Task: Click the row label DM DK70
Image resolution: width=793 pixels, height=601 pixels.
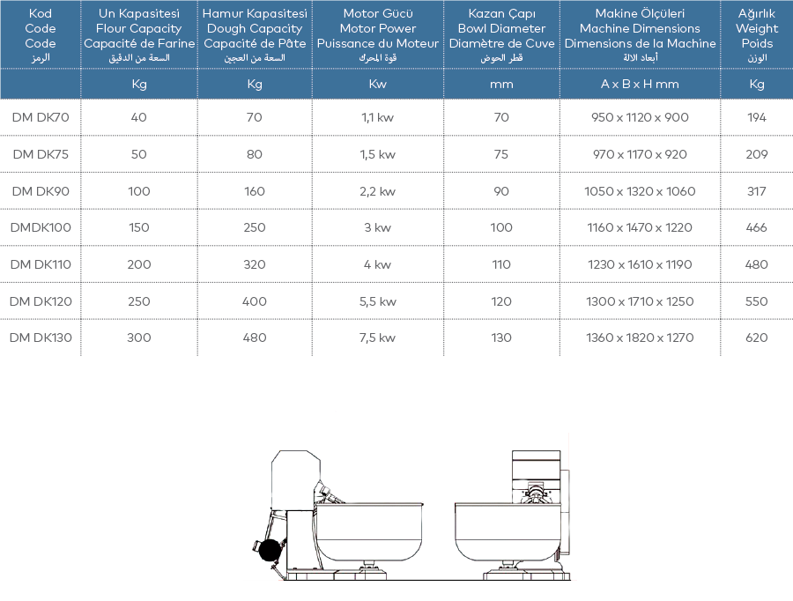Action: [41, 117]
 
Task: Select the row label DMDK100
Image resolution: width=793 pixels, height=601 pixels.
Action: [41, 227]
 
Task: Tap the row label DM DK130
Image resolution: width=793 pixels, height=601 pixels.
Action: [41, 338]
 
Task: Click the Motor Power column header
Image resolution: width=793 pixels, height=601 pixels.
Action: [378, 29]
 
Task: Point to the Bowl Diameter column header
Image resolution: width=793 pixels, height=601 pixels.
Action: [501, 29]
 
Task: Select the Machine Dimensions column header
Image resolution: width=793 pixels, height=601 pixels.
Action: [640, 29]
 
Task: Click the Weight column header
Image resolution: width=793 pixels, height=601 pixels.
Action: [757, 29]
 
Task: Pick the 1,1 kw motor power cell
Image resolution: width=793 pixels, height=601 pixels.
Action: [378, 117]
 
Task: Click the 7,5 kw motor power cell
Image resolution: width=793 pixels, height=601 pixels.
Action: [378, 338]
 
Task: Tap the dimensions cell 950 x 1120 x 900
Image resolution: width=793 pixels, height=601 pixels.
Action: [640, 117]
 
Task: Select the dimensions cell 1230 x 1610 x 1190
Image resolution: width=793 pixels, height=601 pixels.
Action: [640, 264]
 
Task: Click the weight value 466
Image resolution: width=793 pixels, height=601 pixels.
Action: [757, 227]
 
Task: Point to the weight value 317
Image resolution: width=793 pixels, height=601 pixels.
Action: [757, 191]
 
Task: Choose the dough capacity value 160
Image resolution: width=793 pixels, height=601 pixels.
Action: [255, 191]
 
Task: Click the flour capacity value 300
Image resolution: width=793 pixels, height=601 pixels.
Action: [139, 338]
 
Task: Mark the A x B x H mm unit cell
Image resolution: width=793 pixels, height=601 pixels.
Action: [640, 85]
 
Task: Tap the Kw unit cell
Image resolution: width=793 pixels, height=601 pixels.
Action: [378, 85]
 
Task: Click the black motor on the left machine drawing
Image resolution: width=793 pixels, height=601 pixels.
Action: [269, 550]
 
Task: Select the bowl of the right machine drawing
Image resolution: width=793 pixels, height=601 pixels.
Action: [507, 531]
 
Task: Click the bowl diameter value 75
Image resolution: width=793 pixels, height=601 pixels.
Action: [501, 154]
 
